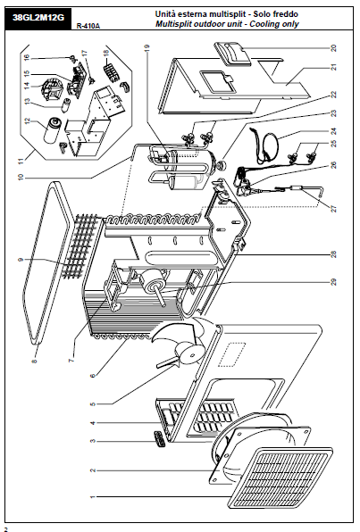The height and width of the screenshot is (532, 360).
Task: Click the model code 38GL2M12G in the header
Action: (38, 18)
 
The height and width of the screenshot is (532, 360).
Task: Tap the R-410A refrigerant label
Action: (88, 26)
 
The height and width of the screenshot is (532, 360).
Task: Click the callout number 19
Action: (147, 48)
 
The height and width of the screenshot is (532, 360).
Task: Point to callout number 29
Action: (333, 282)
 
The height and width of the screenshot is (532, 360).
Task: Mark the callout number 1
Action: (93, 497)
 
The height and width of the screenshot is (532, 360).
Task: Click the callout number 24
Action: (333, 131)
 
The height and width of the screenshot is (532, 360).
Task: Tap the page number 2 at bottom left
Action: (5, 528)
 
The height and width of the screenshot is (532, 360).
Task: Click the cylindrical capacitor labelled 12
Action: (53, 130)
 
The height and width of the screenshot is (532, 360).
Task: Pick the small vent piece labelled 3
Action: (160, 438)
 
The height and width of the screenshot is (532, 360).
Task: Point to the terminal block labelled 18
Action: (111, 71)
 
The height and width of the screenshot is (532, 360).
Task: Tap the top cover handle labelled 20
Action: (232, 54)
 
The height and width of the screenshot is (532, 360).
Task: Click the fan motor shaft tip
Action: (164, 304)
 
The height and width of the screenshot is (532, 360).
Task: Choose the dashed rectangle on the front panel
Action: (231, 354)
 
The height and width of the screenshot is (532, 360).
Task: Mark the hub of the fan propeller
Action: (191, 353)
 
